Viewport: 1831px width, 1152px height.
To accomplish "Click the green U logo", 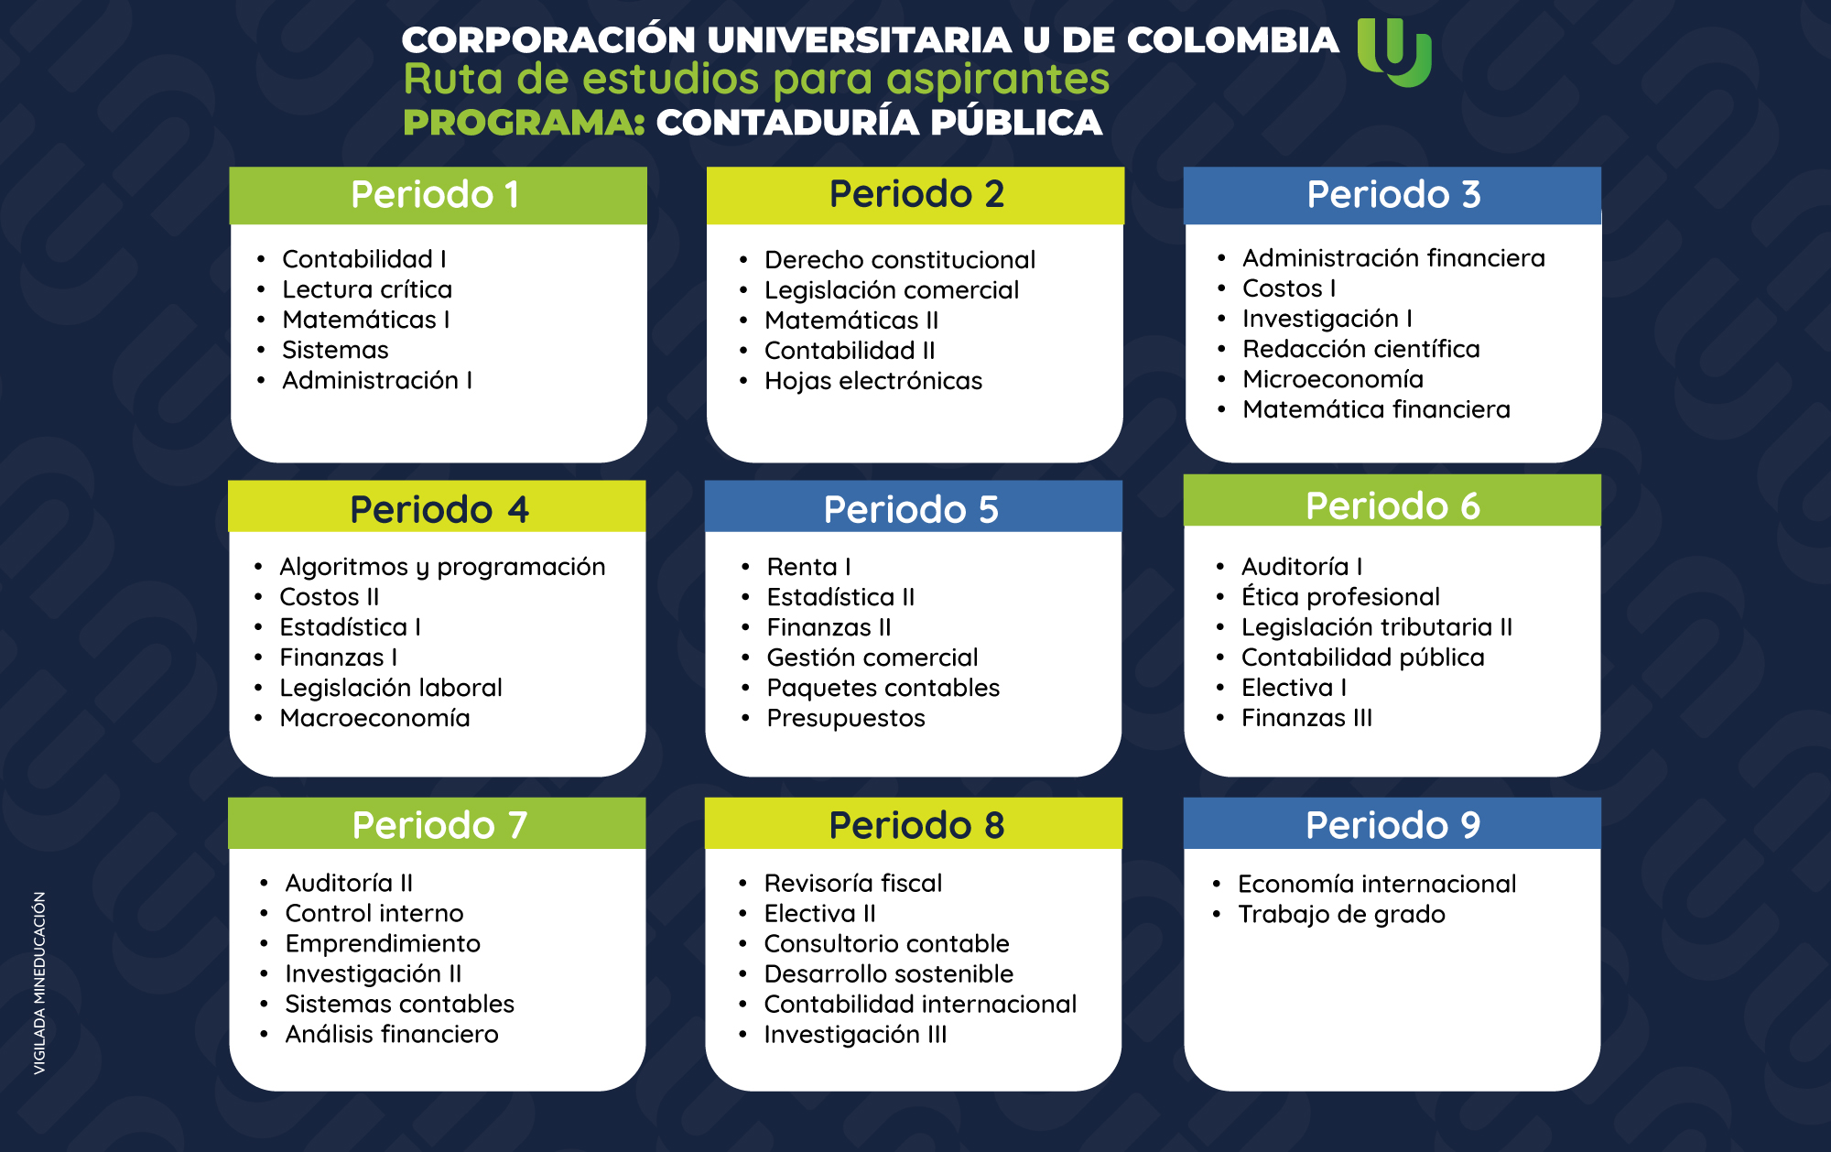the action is [x=1393, y=53].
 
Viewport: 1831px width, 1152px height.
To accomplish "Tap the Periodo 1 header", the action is [x=438, y=195].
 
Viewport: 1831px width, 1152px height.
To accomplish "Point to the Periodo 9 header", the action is [x=1392, y=823].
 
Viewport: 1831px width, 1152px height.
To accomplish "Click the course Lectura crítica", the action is [x=367, y=289].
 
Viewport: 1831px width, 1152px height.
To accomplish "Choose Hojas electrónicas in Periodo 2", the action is [x=873, y=381].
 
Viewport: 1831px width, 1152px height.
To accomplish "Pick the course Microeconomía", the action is [x=1333, y=379].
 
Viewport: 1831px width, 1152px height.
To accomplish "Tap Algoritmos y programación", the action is [x=442, y=568].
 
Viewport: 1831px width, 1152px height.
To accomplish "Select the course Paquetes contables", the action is [x=883, y=689].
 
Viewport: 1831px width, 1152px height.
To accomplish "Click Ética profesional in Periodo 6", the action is [x=1340, y=597].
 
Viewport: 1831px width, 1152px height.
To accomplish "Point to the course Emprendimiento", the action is [x=383, y=944].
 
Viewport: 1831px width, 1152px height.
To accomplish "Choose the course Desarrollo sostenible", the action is [x=889, y=973].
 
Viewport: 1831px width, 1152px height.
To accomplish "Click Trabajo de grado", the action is [x=1341, y=915].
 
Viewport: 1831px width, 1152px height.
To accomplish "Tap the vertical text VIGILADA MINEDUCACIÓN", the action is [x=39, y=983].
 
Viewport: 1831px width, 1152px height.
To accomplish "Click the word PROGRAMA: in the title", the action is [x=525, y=123].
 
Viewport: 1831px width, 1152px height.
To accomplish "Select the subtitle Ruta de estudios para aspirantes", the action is [x=756, y=80].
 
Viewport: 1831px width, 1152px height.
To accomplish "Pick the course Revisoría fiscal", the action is [x=853, y=883].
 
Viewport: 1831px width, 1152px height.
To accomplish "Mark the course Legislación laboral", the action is [x=391, y=689].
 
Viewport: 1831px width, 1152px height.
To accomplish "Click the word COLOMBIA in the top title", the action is [x=1232, y=40].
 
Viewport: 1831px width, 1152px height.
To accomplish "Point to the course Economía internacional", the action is [x=1377, y=884].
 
